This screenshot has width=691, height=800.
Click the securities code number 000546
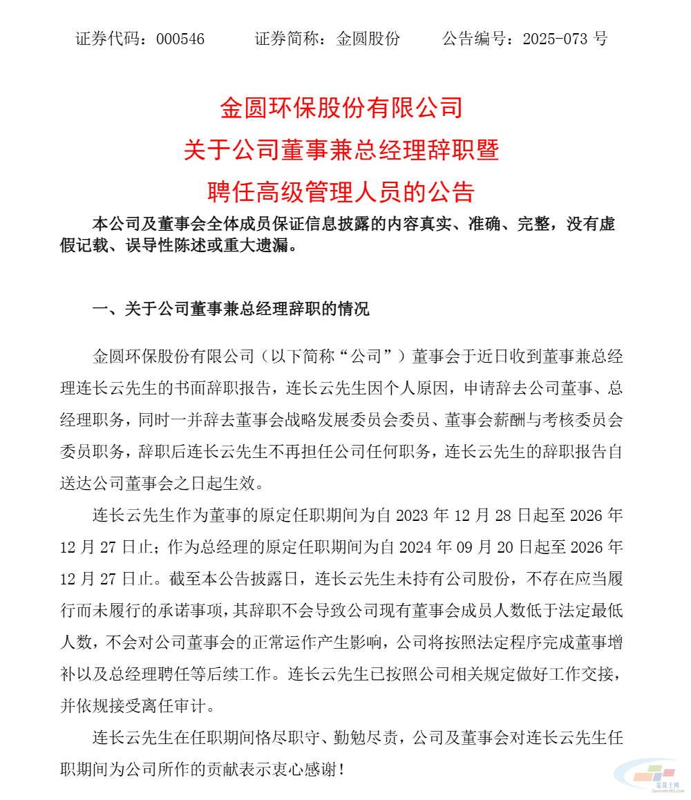[x=180, y=39]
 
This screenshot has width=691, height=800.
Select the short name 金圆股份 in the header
[x=368, y=39]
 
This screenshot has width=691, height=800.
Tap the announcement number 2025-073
[x=557, y=39]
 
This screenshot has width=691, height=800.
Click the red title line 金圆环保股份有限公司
[x=341, y=108]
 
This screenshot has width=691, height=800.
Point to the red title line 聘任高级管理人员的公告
[x=341, y=191]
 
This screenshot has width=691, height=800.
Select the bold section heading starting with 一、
[x=231, y=309]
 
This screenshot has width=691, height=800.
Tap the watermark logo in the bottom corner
[x=650, y=777]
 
